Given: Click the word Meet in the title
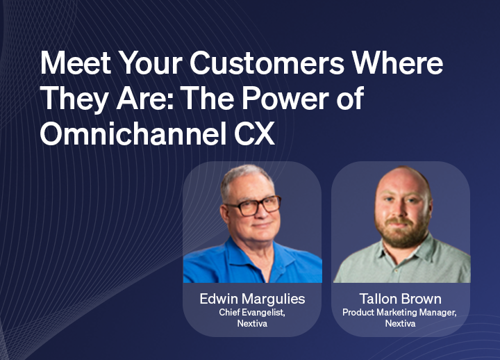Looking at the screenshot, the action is (75, 63).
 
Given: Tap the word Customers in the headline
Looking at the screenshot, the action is (267, 63).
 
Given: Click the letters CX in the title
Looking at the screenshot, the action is (254, 133).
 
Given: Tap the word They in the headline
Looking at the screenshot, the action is (74, 99).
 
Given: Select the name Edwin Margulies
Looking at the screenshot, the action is (252, 299).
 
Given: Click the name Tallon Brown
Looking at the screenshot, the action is (401, 299).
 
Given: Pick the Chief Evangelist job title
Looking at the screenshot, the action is (252, 312).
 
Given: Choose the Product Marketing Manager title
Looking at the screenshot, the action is (399, 312).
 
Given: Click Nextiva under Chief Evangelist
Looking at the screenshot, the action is (252, 324).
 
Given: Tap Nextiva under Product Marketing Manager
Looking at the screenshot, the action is (400, 324).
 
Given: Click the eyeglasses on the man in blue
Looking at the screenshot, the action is (254, 206).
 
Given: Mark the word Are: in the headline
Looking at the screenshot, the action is (145, 98).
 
